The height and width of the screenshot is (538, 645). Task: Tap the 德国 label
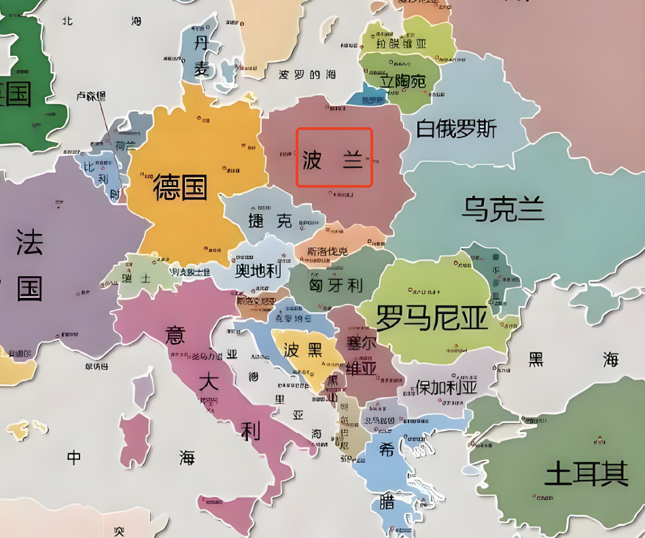point(180,186)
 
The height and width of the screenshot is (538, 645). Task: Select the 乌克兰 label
point(503,209)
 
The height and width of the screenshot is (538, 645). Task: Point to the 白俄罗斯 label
point(456,129)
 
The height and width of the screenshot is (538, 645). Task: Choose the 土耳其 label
point(586,473)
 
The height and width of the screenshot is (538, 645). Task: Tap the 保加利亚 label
point(447,388)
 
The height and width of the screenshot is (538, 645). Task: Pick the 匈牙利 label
point(335,285)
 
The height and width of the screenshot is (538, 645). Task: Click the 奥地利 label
point(258,271)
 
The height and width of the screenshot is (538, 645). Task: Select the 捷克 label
point(270,220)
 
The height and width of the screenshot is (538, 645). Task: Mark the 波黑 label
point(302,350)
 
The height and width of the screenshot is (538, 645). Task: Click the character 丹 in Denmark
point(201,44)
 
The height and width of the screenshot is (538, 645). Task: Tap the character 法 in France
point(29,241)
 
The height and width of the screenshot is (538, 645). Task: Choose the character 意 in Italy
point(175,335)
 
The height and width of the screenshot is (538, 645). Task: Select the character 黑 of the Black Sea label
point(536,359)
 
